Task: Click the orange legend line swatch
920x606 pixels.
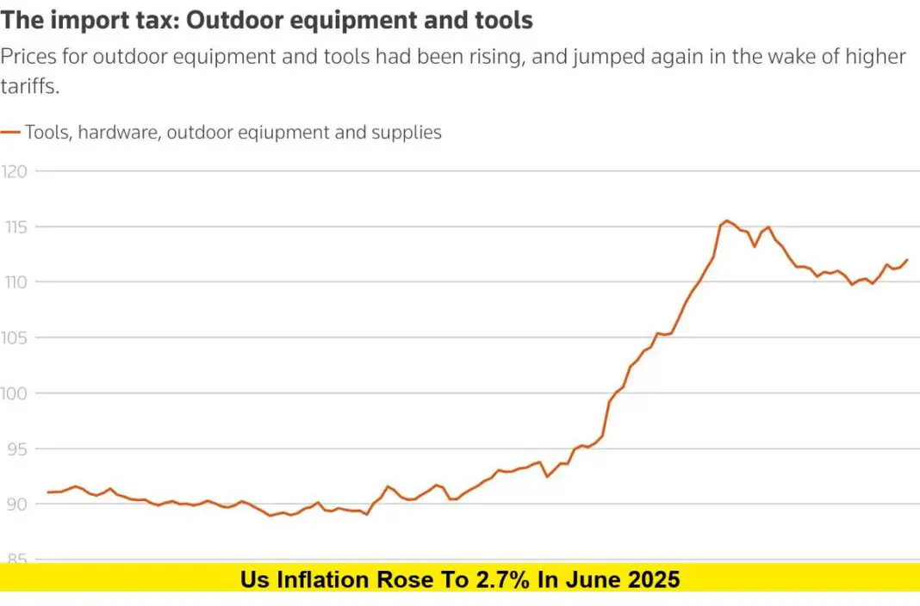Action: pos(10,133)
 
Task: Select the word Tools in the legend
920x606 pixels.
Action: pos(47,133)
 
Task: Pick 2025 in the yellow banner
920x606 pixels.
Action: pos(652,579)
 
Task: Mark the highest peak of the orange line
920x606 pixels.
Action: pos(726,220)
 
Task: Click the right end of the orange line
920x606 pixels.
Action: pos(907,260)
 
